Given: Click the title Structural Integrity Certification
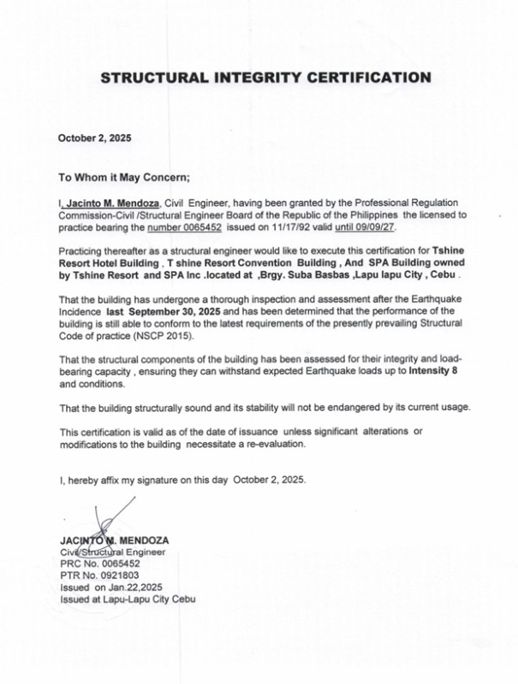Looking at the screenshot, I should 265,78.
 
